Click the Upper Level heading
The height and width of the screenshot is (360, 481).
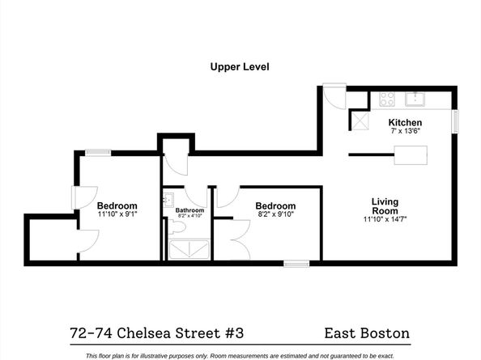pos(240,67)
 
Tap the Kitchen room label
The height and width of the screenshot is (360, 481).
pos(405,122)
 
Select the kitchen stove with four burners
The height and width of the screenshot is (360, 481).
pos(387,99)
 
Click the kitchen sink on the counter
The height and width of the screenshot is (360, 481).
pos(415,99)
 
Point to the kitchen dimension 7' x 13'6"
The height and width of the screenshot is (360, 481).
pos(405,131)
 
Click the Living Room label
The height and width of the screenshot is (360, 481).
pos(385,206)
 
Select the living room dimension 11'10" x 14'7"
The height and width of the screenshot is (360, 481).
pos(385,219)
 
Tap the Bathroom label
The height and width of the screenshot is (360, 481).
pos(189,210)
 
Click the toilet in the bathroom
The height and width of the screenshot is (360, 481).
pos(177,227)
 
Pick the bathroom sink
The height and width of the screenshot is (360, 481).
pos(168,200)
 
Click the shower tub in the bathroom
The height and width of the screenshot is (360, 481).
pos(189,249)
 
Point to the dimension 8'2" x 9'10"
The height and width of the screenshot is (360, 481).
pos(276,214)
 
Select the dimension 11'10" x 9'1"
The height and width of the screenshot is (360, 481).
pos(117,214)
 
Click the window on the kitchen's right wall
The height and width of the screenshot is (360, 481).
pos(456,121)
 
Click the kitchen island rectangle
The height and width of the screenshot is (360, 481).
pos(411,155)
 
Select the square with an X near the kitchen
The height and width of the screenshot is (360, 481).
pos(360,121)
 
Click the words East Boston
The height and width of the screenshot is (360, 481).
pos(367,333)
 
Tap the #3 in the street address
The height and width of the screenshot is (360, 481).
pos(234,333)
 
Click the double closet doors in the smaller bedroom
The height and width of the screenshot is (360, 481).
pos(242,239)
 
